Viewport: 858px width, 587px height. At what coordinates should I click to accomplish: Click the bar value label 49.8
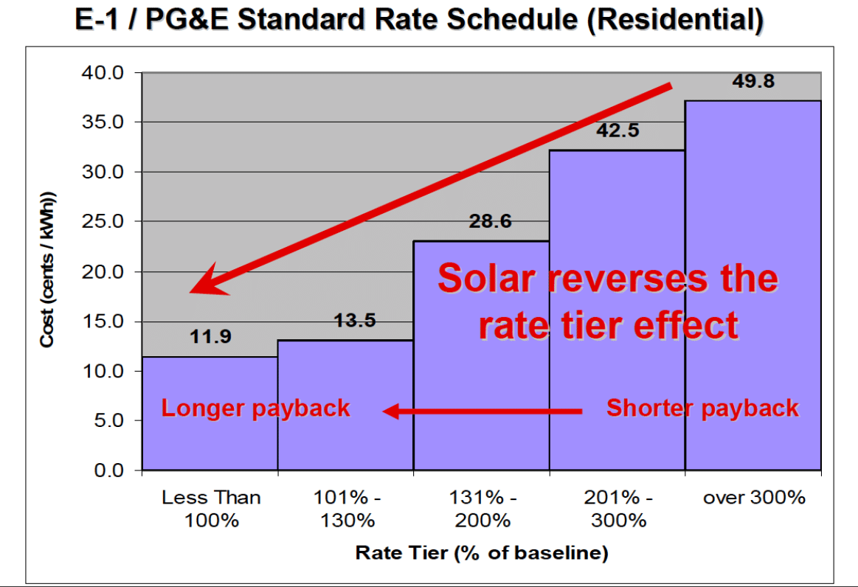click(x=753, y=81)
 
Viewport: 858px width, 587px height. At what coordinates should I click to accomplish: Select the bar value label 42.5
click(x=617, y=131)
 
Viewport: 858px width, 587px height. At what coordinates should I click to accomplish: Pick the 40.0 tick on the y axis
click(x=104, y=73)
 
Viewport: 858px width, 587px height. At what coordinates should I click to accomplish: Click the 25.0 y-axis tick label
click(x=104, y=222)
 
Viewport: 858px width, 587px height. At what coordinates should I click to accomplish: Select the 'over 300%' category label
click(x=753, y=498)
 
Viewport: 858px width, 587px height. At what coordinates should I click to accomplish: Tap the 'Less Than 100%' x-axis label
click(x=211, y=509)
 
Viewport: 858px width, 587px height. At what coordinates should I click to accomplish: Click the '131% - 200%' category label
click(x=482, y=509)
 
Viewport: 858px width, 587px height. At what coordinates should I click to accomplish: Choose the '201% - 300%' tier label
click(x=618, y=509)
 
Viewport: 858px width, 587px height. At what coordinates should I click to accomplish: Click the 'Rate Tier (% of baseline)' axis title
click(x=482, y=553)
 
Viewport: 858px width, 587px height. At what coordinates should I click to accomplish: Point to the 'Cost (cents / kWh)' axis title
click(x=48, y=271)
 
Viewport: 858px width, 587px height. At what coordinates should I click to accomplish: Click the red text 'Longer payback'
click(x=255, y=409)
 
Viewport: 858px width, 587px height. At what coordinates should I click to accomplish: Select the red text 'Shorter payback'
click(x=702, y=408)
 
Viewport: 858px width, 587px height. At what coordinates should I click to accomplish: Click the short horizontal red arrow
click(x=483, y=411)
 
